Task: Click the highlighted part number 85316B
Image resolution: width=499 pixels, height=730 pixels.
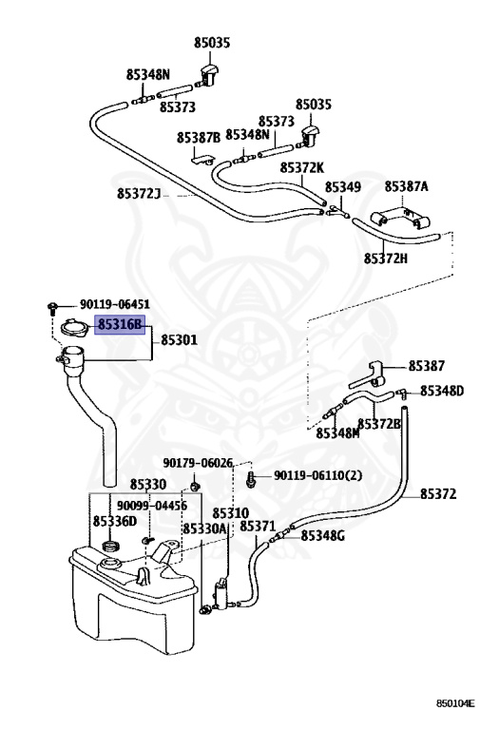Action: point(120,324)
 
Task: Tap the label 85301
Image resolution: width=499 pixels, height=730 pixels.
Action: point(180,340)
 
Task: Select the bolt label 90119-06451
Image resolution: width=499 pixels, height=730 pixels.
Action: point(115,304)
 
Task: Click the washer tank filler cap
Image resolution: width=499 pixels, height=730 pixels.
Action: point(73,326)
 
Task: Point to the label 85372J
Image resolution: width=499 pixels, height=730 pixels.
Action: point(138,193)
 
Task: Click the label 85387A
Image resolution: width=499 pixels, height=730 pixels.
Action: point(407,186)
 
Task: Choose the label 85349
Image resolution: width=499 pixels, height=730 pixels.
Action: point(342,187)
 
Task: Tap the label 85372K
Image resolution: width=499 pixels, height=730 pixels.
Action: point(301,167)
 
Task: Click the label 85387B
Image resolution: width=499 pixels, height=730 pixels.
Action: point(199,138)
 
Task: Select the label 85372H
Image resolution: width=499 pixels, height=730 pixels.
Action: point(386,258)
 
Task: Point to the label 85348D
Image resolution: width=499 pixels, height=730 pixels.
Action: point(442,391)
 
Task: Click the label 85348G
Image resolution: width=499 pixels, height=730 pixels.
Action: point(322,536)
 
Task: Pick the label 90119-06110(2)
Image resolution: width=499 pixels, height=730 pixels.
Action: point(317,475)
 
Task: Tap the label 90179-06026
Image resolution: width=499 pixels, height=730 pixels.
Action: point(198,463)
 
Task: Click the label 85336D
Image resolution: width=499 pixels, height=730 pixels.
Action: point(115,521)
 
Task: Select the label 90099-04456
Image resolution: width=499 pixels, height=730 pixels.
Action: point(152,506)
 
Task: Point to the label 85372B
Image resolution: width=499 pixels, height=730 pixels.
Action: point(379,424)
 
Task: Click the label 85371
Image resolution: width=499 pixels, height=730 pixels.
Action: point(258,526)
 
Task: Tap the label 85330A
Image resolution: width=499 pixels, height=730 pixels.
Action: point(204,528)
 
